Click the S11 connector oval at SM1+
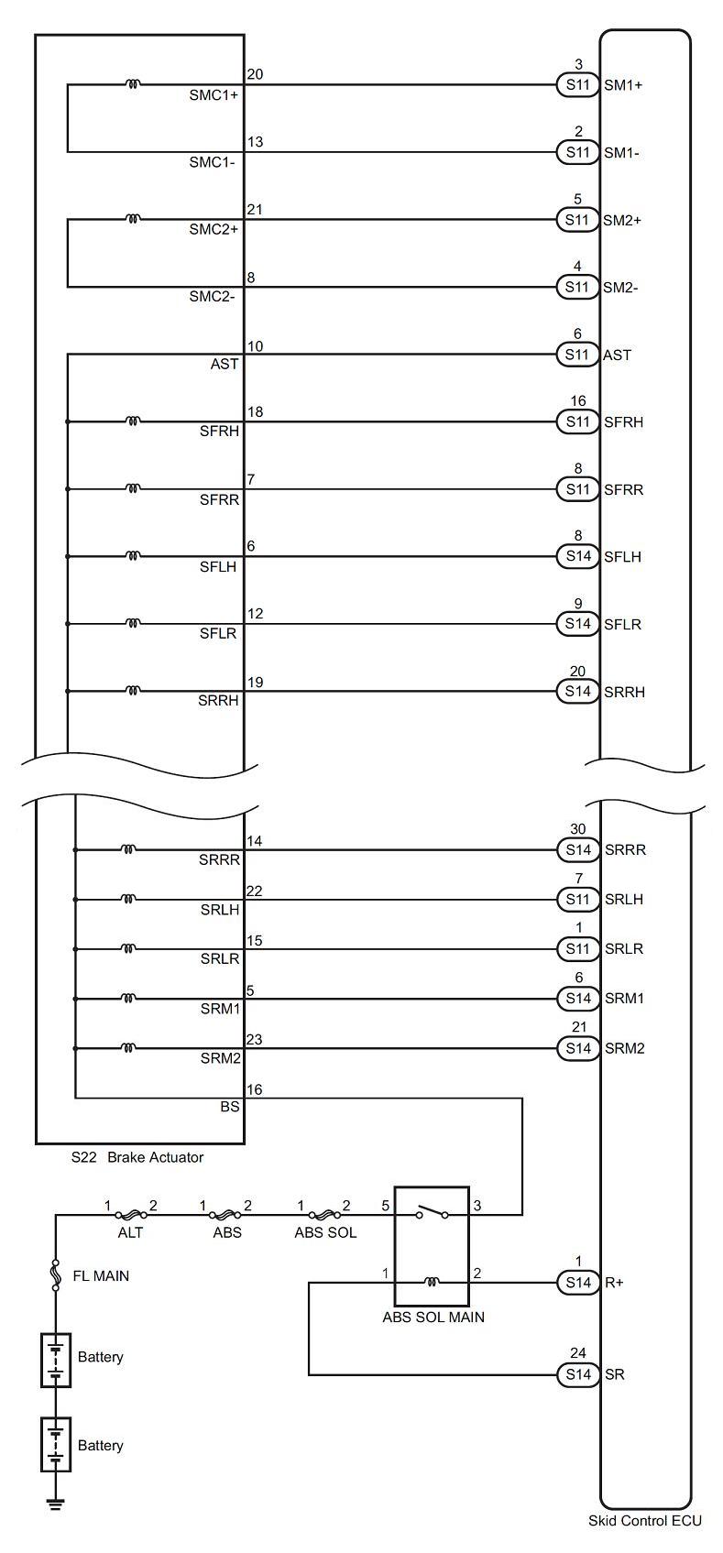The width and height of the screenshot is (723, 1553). (577, 84)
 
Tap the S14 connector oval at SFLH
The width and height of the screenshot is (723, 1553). (577, 556)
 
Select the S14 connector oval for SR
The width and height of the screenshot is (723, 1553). (577, 1374)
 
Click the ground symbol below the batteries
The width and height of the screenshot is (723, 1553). (56, 1499)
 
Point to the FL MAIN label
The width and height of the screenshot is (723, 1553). (101, 1275)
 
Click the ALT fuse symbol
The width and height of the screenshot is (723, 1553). (130, 1214)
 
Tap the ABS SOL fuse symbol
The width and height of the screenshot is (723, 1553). (323, 1214)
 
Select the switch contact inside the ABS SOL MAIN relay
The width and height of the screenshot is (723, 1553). (432, 1212)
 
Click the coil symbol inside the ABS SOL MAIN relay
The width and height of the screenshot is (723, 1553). (432, 1282)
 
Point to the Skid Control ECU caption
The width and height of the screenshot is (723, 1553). (645, 1540)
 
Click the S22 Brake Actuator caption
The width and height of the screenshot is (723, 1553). (137, 1157)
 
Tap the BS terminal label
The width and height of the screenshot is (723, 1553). (229, 1107)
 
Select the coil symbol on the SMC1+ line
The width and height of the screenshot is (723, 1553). (133, 84)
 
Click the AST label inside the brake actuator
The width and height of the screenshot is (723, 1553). (225, 364)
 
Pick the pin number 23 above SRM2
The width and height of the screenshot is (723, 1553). (255, 1039)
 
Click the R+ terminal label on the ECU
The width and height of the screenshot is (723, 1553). (614, 1283)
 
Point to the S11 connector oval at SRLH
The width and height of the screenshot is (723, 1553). (577, 899)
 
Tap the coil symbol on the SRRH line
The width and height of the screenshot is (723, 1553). (133, 691)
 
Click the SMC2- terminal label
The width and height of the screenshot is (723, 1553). (212, 297)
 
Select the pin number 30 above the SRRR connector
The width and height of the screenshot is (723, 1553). (578, 828)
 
